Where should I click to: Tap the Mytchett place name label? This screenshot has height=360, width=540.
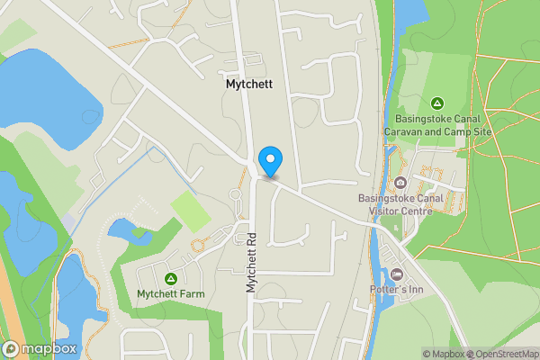tap(249, 84)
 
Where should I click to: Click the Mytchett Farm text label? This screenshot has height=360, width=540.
tap(170, 293)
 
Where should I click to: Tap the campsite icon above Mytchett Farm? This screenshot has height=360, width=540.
tap(171, 278)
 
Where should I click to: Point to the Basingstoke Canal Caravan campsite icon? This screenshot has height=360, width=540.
tap(436, 103)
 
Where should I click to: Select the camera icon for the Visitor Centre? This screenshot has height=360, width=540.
tap(400, 183)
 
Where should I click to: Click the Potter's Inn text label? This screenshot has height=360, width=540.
tap(396, 289)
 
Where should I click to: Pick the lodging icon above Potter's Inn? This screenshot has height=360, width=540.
tap(398, 274)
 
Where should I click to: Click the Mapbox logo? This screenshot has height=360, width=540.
tap(38, 348)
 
